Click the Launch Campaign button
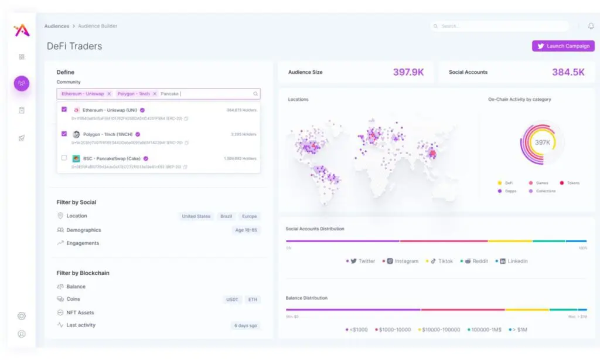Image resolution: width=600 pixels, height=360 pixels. [563, 46]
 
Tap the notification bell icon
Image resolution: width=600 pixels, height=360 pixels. [591, 26]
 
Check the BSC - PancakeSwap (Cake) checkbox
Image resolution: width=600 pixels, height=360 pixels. [64, 158]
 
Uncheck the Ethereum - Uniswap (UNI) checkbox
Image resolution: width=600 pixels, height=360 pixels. [64, 110]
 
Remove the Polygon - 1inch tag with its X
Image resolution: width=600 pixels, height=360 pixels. [155, 94]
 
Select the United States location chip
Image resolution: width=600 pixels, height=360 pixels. [196, 216]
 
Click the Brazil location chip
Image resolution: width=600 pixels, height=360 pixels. [226, 216]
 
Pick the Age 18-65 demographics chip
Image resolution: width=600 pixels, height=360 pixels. [246, 230]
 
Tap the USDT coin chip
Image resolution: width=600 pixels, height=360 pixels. [233, 300]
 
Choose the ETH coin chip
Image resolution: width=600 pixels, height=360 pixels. [253, 300]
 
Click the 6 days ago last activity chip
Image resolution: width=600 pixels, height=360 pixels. [245, 325]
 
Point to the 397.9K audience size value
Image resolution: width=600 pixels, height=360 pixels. [408, 72]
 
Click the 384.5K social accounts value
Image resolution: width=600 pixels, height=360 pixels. [568, 72]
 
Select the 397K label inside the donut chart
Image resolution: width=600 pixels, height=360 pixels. [543, 142]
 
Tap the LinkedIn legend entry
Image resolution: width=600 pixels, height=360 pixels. [514, 261]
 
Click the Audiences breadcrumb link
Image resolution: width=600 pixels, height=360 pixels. [56, 26]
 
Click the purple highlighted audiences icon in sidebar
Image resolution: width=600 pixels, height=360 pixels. [22, 83]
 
